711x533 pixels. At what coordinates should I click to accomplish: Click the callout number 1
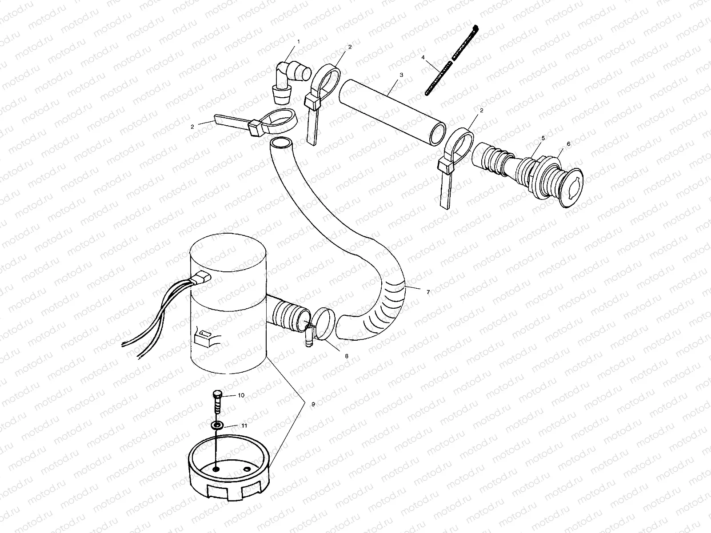[299, 41]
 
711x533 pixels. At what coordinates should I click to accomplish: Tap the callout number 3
[401, 75]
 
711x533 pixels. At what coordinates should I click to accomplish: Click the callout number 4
[423, 57]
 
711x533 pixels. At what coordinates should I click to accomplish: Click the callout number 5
[543, 138]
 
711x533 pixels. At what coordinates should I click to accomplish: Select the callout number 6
[568, 144]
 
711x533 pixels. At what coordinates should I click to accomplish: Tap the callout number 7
[428, 292]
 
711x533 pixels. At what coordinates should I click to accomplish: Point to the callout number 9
[313, 404]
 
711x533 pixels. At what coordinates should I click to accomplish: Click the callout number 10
[241, 395]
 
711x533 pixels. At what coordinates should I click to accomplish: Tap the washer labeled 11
[217, 426]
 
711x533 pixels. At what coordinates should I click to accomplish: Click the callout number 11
[244, 425]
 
